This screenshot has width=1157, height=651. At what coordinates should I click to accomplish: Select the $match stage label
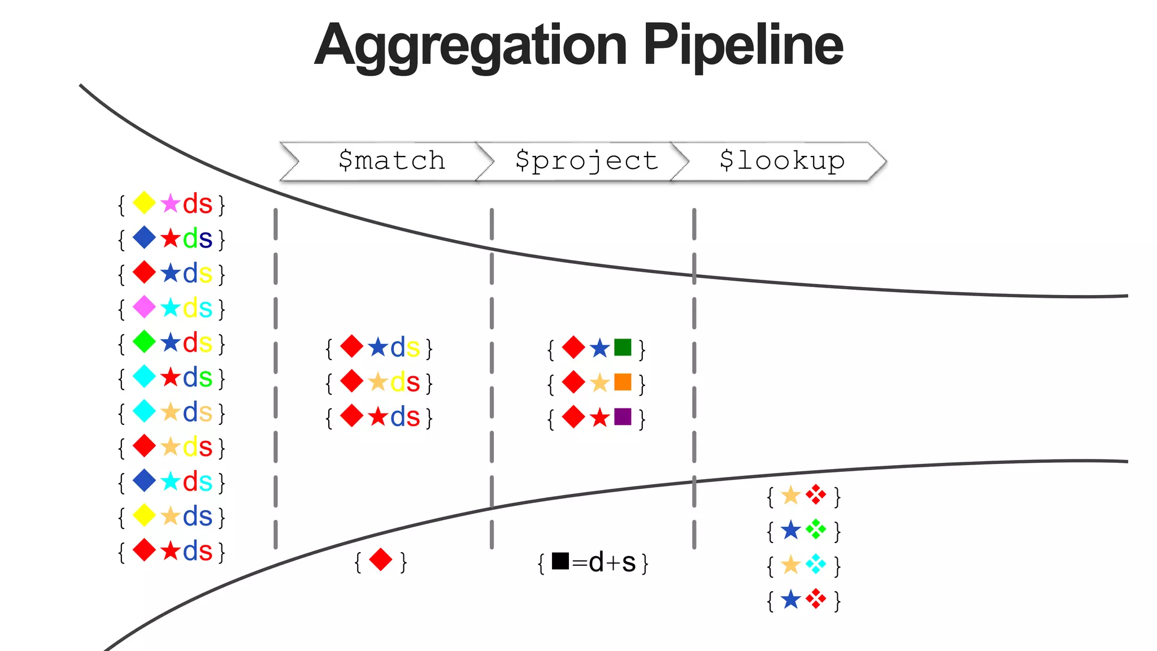pyautogui.click(x=392, y=160)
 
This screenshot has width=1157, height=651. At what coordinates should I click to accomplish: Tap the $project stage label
pyautogui.click(x=586, y=161)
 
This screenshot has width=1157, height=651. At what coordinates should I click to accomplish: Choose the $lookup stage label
pyautogui.click(x=782, y=160)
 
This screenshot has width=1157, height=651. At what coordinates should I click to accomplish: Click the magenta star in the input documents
pyautogui.click(x=170, y=203)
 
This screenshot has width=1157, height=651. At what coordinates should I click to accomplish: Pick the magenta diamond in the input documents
pyautogui.click(x=144, y=307)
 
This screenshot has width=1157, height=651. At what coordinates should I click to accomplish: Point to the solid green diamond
pyautogui.click(x=144, y=342)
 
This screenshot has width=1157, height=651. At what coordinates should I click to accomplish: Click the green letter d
pyautogui.click(x=190, y=238)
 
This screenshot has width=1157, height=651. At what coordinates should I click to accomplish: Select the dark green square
pyautogui.click(x=623, y=347)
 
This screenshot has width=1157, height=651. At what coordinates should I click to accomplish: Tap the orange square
pyautogui.click(x=623, y=382)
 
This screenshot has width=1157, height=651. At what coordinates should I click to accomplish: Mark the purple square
pyautogui.click(x=623, y=417)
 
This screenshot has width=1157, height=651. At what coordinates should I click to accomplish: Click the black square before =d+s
pyautogui.click(x=560, y=561)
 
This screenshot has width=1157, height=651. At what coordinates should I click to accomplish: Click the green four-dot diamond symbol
pyautogui.click(x=816, y=530)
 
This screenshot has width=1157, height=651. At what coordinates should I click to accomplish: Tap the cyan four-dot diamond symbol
pyautogui.click(x=816, y=564)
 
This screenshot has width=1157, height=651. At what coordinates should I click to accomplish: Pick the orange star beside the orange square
pyautogui.click(x=599, y=383)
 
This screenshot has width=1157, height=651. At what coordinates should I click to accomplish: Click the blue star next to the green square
pyautogui.click(x=599, y=348)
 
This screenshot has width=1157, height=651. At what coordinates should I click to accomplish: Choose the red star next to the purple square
pyautogui.click(x=599, y=418)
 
